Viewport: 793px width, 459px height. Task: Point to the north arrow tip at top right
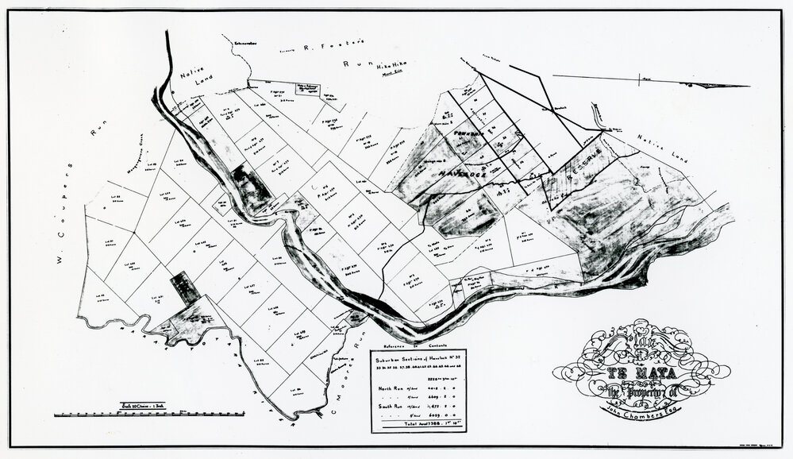(x=747, y=86)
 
